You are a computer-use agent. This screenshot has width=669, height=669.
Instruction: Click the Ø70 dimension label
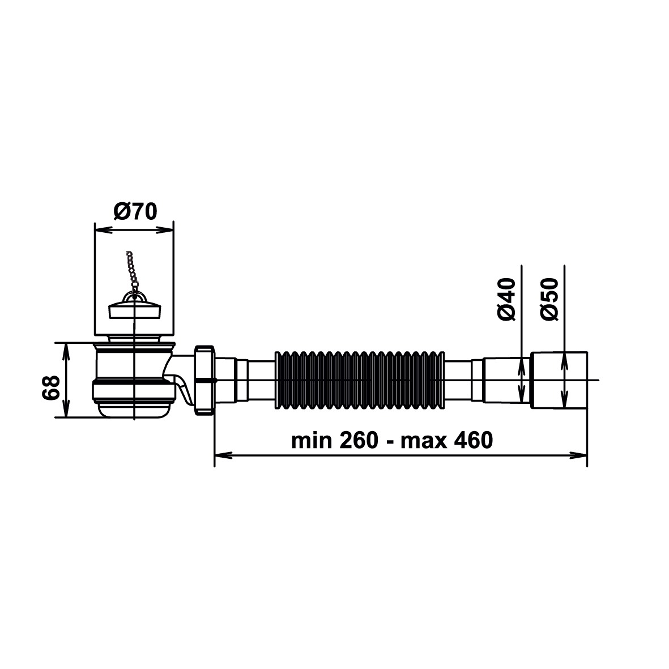[x=135, y=212]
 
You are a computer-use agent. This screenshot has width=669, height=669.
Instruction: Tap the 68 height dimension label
[x=51, y=387]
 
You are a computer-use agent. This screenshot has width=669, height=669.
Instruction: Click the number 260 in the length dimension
[x=359, y=440]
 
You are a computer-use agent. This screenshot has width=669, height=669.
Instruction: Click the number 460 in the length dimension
[x=473, y=440]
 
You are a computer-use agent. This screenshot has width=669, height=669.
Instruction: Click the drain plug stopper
[x=135, y=308]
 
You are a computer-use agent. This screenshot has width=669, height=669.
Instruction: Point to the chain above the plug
[x=132, y=271]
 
